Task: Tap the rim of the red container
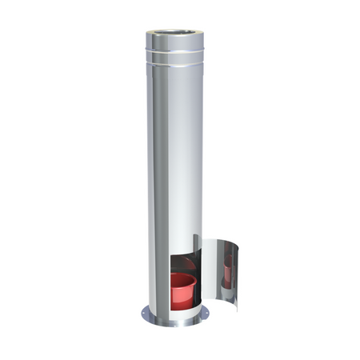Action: click(x=183, y=277)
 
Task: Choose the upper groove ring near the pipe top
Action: click(x=174, y=50)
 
